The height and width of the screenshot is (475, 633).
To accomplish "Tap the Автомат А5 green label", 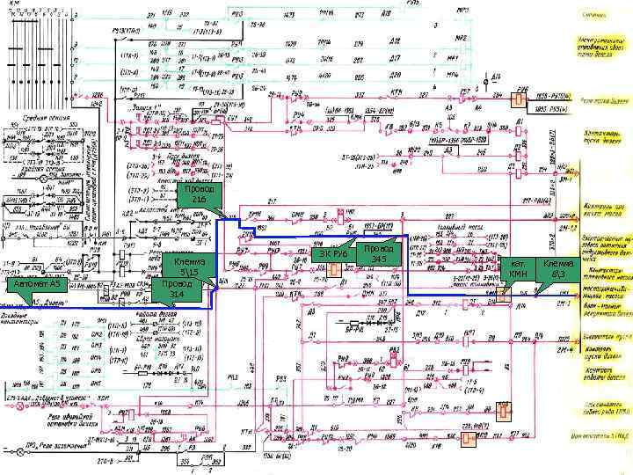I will point(33,285).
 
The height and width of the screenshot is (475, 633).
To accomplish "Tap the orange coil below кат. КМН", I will point(502,294).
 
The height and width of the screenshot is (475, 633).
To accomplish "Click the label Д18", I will point(397,40).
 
